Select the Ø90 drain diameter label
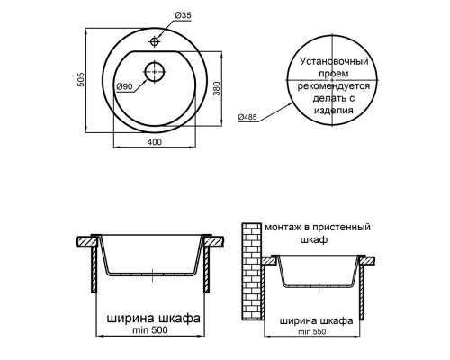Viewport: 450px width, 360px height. [x=125, y=85]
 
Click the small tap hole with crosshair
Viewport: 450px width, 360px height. [x=156, y=41]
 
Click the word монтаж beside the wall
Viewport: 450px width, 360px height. [x=286, y=229]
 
